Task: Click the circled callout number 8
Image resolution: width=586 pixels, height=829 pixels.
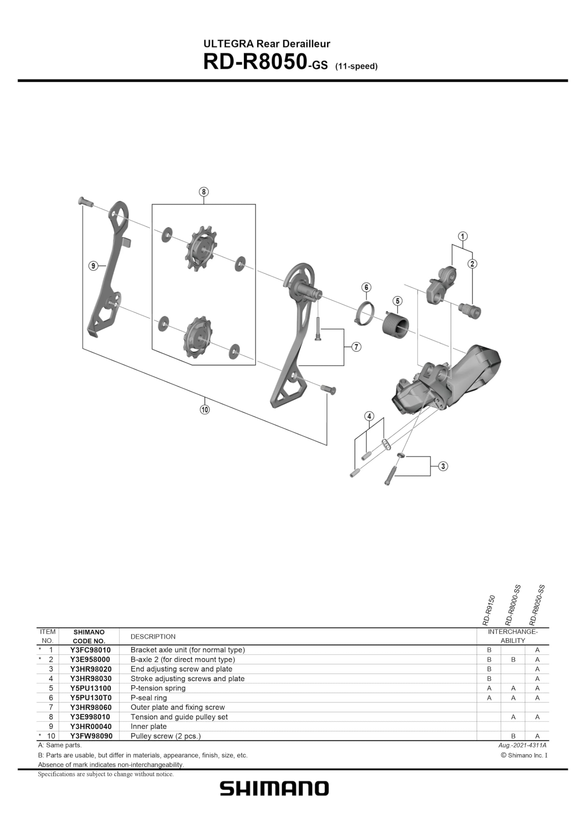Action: point(204,192)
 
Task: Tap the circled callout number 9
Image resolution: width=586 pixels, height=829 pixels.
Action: point(93,266)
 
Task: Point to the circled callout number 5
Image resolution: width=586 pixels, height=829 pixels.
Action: point(398,301)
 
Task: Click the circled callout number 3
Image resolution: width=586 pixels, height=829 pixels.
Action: point(443,466)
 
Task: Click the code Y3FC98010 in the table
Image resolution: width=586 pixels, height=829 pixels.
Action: point(90,650)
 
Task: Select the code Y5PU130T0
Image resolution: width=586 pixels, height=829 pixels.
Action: point(90,698)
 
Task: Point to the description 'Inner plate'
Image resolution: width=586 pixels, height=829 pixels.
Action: point(148,726)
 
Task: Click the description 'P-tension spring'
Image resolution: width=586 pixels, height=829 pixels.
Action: point(158,688)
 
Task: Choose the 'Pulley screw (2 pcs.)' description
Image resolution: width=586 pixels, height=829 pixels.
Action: point(165,736)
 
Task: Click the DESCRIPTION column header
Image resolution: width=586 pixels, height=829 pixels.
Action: point(153,637)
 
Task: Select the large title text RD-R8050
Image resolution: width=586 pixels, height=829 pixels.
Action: point(255,62)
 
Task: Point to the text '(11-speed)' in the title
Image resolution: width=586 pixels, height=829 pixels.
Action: point(356,66)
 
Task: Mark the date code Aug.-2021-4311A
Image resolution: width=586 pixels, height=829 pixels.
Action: point(522,745)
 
